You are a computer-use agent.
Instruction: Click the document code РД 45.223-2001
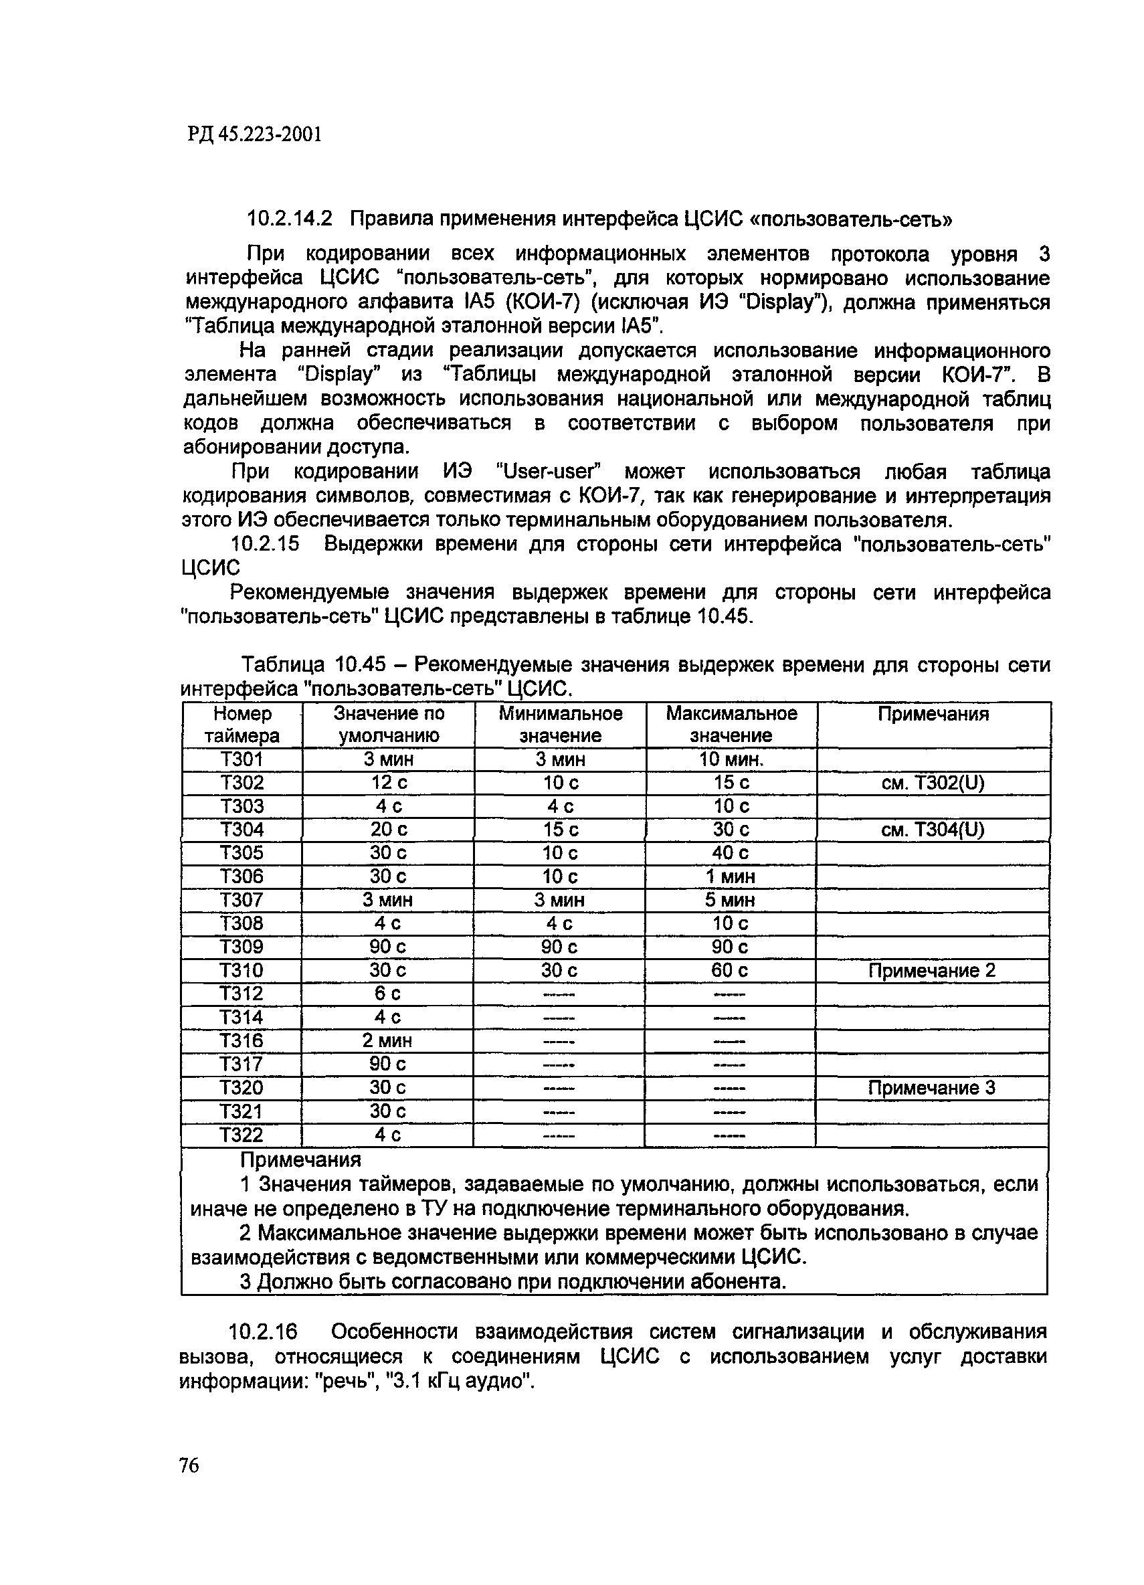coord(254,134)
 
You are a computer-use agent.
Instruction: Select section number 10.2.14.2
coord(289,219)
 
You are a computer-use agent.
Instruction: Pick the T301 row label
coord(242,759)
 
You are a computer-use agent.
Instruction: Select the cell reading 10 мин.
coord(731,759)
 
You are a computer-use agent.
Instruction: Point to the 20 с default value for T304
coord(389,830)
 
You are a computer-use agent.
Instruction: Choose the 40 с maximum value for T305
coord(731,852)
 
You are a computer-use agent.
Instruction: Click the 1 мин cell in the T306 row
coord(731,876)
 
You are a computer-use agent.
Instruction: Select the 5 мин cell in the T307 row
coord(731,900)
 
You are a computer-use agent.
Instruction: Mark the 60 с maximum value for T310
coord(731,971)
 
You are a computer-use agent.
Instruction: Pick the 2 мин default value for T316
coord(387,1040)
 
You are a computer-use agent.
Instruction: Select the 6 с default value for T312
coord(387,994)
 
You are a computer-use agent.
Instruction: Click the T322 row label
coord(241,1135)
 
